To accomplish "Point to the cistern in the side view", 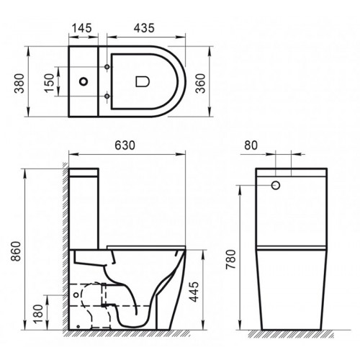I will tap(86, 209).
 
